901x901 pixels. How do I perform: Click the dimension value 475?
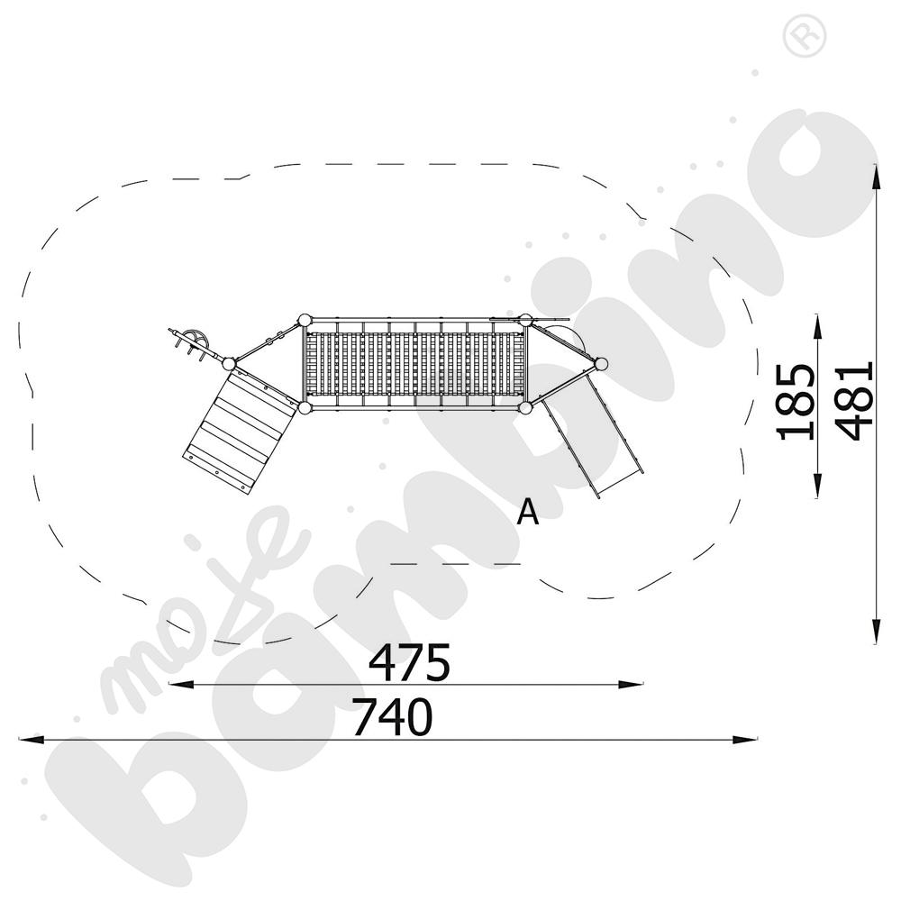tap(409, 662)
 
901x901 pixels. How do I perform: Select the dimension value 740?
tap(393, 716)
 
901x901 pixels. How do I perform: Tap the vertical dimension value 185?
tap(796, 402)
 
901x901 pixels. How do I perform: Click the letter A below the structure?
tap(527, 512)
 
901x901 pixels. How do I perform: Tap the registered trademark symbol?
tap(805, 36)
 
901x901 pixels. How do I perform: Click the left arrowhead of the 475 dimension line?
tap(180, 684)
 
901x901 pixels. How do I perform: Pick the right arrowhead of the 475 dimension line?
tap(631, 684)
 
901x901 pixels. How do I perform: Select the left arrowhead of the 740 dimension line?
tap(32, 739)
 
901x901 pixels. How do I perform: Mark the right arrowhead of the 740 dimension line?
tap(745, 739)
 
